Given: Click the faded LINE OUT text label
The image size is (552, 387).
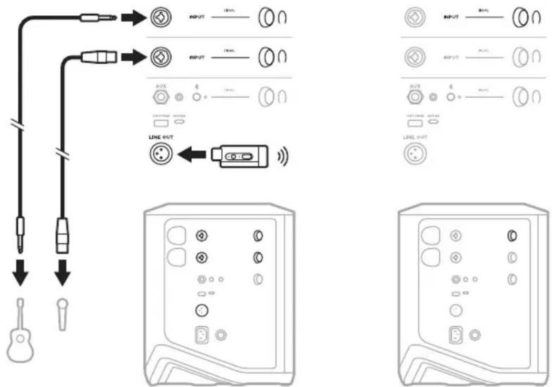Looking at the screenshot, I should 415,138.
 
